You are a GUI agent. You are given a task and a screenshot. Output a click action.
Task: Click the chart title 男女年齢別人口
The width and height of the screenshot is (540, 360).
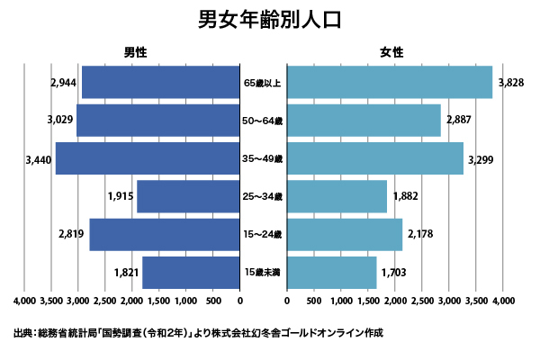click(270, 21)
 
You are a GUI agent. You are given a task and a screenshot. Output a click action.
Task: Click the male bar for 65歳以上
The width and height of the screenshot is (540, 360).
click(161, 83)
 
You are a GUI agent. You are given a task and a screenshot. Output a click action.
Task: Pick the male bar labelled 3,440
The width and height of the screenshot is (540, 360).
click(148, 158)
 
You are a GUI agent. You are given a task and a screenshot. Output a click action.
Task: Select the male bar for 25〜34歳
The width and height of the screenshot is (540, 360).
click(188, 196)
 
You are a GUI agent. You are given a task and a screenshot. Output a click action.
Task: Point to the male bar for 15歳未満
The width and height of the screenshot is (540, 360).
click(191, 272)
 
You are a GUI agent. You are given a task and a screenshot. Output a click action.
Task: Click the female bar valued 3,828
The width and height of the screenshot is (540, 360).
click(390, 83)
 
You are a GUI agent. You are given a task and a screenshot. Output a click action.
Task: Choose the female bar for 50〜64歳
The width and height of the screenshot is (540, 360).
click(364, 121)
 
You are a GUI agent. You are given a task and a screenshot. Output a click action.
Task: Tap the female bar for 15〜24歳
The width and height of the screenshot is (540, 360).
click(345, 234)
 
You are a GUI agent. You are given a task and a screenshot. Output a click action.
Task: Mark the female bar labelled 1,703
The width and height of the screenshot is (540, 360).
click(332, 272)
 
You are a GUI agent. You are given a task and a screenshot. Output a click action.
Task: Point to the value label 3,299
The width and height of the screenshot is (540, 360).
click(481, 159)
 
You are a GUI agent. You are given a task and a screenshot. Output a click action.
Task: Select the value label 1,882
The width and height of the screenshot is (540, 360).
click(406, 197)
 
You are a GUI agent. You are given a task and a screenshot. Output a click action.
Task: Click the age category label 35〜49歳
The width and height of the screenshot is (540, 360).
click(264, 159)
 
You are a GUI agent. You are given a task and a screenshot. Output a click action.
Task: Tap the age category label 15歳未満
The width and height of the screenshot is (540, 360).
click(264, 272)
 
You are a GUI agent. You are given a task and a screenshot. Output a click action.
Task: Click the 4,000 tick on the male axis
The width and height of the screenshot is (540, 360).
click(26, 301)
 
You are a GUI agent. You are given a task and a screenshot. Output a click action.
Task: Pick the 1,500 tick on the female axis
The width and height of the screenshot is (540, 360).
click(367, 301)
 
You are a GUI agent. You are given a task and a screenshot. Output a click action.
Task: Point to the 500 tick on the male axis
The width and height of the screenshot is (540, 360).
click(214, 301)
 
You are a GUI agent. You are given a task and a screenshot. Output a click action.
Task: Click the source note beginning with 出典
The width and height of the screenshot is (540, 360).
click(198, 333)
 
